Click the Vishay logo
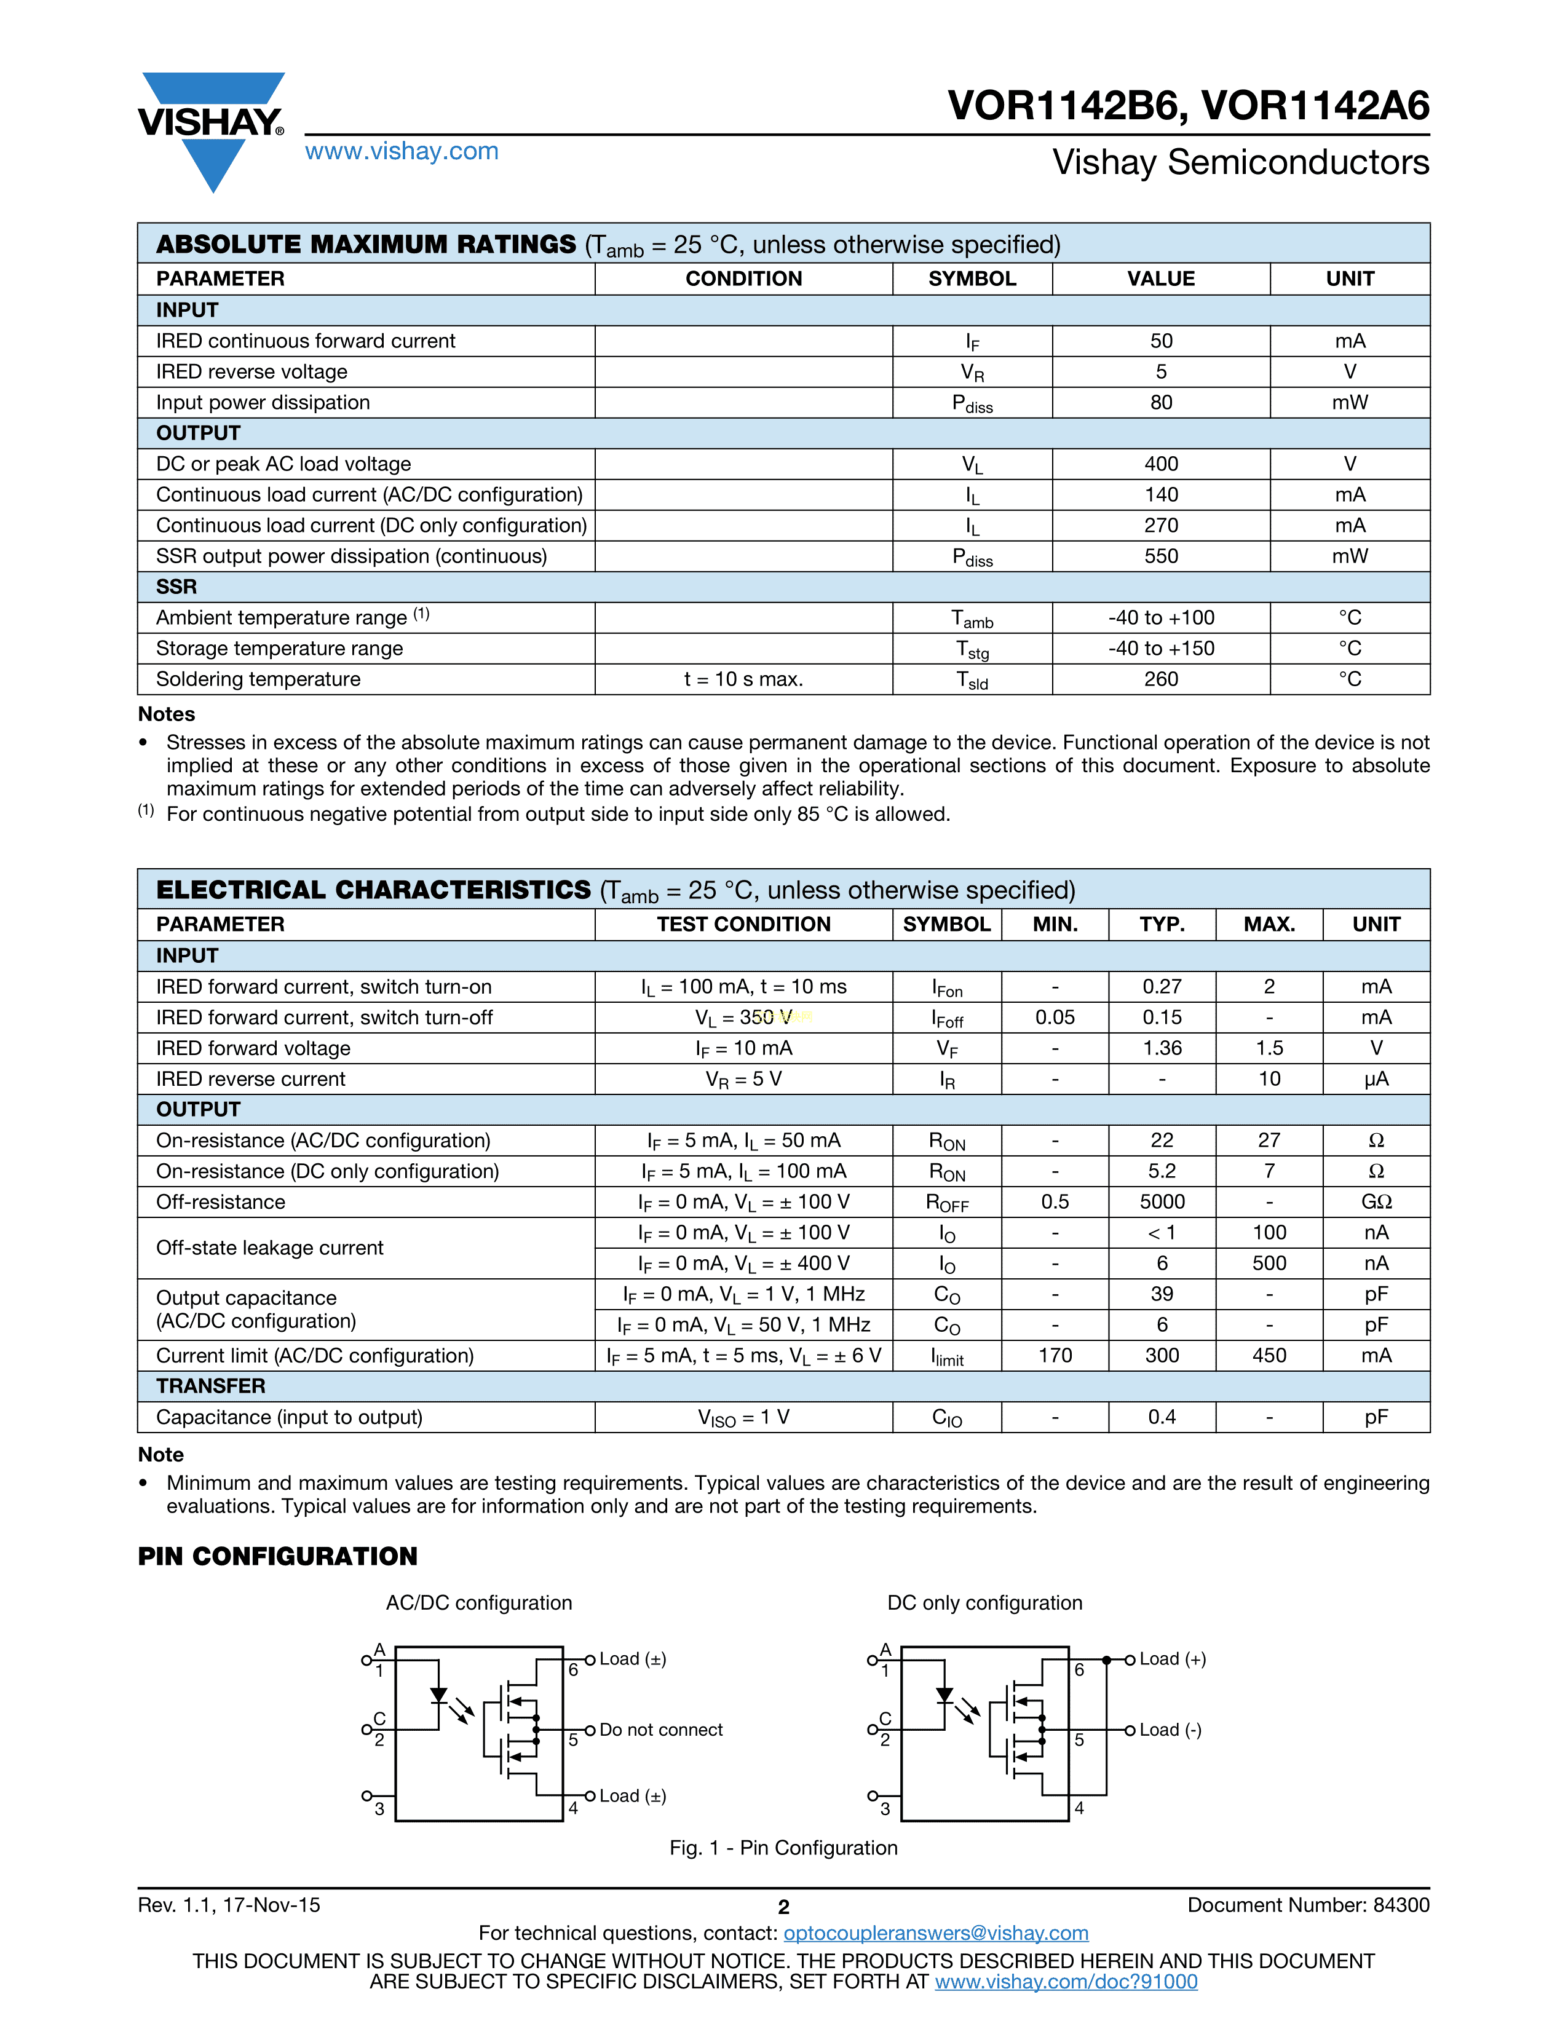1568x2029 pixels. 212,130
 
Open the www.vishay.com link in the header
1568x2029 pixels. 402,151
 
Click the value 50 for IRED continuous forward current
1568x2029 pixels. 1161,341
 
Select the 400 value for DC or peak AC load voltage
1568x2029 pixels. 1161,464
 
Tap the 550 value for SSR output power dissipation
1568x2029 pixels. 1161,556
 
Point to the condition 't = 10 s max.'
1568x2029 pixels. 743,679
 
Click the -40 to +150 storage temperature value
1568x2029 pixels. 1161,649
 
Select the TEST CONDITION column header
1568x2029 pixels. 743,924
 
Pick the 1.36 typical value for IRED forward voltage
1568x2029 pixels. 1162,1048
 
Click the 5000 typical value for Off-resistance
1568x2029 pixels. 1162,1201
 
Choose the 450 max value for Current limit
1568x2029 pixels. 1269,1356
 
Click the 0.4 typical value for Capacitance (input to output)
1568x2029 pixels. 1162,1417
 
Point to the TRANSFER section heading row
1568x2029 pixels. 211,1386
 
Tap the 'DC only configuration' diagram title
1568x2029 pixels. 984,1602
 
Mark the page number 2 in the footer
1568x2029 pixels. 783,1907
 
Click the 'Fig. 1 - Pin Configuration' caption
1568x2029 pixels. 783,1848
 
